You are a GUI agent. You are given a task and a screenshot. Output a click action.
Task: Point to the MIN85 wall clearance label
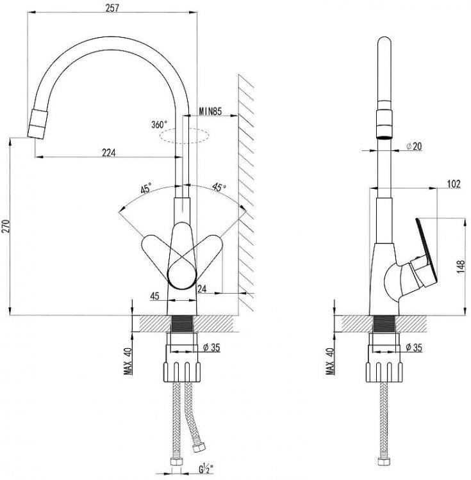(211, 112)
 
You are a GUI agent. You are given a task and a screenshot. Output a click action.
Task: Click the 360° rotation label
(159, 124)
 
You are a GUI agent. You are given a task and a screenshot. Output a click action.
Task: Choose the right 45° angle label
(220, 188)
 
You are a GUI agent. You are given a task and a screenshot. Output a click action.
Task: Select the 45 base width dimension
(154, 296)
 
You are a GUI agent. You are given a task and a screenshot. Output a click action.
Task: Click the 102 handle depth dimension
(453, 184)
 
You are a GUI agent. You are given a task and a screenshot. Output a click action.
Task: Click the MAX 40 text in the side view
(330, 360)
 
